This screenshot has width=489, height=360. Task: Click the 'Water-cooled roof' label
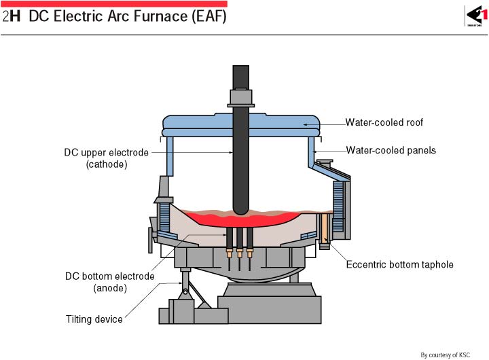pyautogui.click(x=384, y=122)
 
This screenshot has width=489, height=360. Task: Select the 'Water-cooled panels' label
pyautogui.click(x=391, y=150)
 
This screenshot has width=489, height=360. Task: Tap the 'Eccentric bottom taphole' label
pyautogui.click(x=399, y=264)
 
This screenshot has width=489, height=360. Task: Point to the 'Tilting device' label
pyautogui.click(x=94, y=319)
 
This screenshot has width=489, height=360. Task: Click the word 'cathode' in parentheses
pyautogui.click(x=107, y=164)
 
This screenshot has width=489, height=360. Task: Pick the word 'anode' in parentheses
pyautogui.click(x=110, y=288)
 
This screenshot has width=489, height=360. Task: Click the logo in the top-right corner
pyautogui.click(x=477, y=16)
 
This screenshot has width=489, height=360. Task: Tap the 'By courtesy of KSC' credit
pyautogui.click(x=445, y=355)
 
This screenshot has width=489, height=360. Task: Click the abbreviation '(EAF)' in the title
pyautogui.click(x=209, y=16)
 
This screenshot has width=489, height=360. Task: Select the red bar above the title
pyautogui.click(x=114, y=4)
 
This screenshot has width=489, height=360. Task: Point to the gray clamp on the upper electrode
pyautogui.click(x=240, y=98)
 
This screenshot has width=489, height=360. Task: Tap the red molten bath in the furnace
pyautogui.click(x=240, y=219)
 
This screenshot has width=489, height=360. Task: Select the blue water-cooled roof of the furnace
pyautogui.click(x=240, y=125)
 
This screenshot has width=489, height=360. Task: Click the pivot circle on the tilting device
pyautogui.click(x=185, y=292)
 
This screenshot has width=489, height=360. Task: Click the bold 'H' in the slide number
pyautogui.click(x=15, y=16)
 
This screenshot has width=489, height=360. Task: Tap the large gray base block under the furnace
pyautogui.click(x=270, y=310)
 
